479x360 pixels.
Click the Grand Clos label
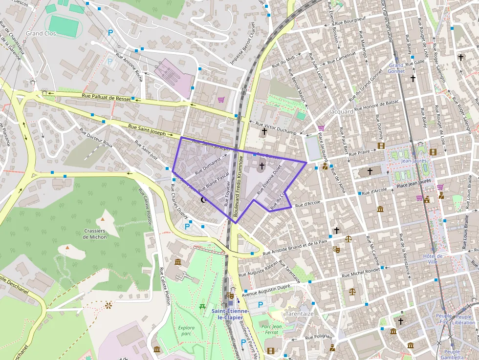(41, 34)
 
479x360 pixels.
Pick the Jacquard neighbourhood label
(342, 111)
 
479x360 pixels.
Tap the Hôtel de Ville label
(432, 258)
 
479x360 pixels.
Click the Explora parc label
(186, 331)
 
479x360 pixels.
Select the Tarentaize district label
(299, 314)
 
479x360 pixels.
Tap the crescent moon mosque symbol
(204, 200)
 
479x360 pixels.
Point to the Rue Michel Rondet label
(361, 272)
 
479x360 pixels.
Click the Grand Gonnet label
(396, 68)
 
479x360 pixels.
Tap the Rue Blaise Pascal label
(214, 181)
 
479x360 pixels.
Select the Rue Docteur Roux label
(96, 138)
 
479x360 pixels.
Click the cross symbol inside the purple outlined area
(262, 166)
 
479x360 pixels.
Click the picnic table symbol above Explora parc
(202, 307)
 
